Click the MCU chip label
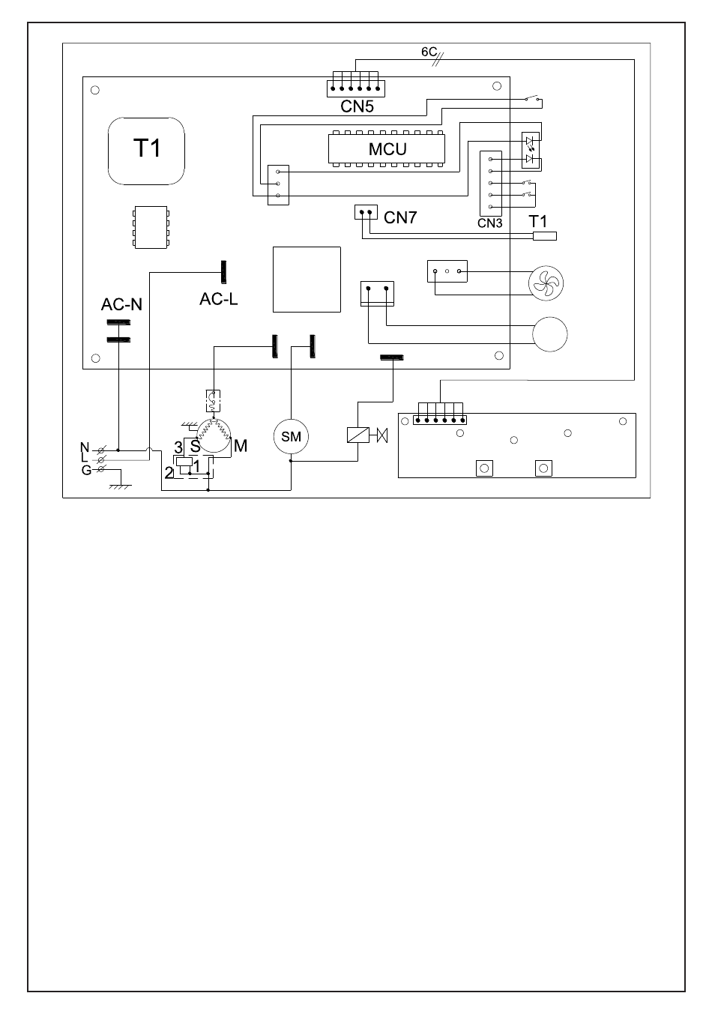(x=387, y=149)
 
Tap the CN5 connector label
(x=357, y=106)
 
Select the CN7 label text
(x=400, y=218)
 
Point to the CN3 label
(x=489, y=223)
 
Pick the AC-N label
(x=121, y=305)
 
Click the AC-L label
(x=219, y=299)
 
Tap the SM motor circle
(x=291, y=436)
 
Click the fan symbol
(x=546, y=283)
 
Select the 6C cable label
(x=429, y=52)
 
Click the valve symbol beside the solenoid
(x=382, y=435)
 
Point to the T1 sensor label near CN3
(x=537, y=221)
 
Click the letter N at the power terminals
(x=85, y=447)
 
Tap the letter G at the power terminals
(x=86, y=471)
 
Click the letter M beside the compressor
(x=241, y=446)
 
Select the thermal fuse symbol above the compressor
(x=213, y=401)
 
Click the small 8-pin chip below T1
(x=151, y=227)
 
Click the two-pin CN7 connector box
(x=366, y=212)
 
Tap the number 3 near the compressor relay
(x=178, y=447)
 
